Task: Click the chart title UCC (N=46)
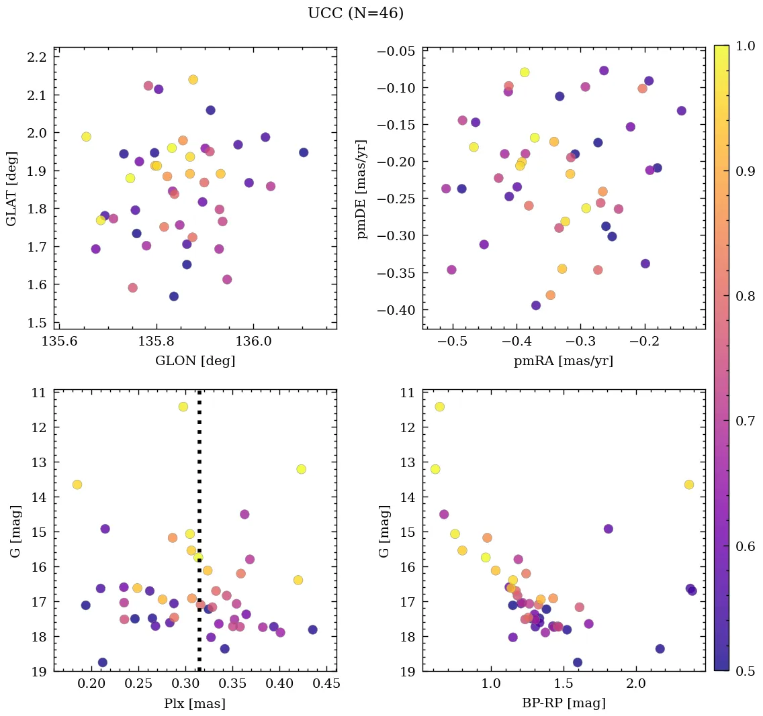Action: [x=355, y=13]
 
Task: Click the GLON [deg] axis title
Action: [x=195, y=361]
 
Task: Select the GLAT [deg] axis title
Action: [x=11, y=189]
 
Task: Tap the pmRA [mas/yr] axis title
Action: [x=563, y=361]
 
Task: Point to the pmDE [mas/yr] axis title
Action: [x=363, y=189]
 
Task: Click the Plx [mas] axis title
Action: [x=195, y=704]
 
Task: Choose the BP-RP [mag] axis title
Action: [x=563, y=704]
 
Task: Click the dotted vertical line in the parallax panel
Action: [x=199, y=537]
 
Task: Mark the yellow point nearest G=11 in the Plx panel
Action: [x=183, y=407]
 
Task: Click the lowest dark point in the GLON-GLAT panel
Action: [x=174, y=297]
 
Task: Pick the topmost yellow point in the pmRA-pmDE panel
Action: [x=525, y=72]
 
